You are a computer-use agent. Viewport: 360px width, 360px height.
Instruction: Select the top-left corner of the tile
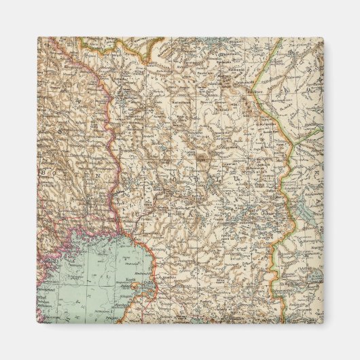click(x=37, y=37)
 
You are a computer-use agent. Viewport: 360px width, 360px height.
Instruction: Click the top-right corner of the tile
click(x=323, y=37)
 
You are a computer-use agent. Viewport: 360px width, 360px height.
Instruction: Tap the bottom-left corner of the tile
click(x=37, y=323)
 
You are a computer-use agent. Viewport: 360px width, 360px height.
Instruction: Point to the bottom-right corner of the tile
click(x=323, y=323)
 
